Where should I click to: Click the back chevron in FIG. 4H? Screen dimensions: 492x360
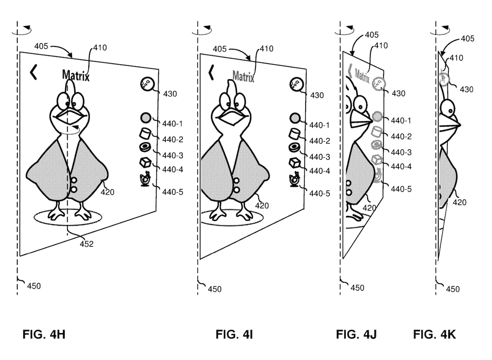click(33, 72)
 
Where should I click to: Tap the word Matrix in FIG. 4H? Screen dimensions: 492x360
click(76, 75)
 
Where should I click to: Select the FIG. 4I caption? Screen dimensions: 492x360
click(234, 334)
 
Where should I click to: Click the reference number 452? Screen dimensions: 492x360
click(87, 244)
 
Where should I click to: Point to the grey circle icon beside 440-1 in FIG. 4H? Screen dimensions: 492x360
click(145, 118)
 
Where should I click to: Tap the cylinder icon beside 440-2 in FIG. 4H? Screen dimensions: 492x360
click(145, 134)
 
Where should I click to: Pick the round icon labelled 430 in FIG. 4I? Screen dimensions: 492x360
click(296, 84)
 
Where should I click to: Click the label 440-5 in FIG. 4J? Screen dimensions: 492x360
click(401, 189)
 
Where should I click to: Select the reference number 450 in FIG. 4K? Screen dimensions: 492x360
click(453, 289)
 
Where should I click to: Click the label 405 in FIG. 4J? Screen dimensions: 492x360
click(372, 35)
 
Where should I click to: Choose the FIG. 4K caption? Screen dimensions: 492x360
click(434, 334)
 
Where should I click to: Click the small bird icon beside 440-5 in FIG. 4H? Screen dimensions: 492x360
click(145, 180)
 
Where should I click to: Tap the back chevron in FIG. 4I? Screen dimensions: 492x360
click(211, 72)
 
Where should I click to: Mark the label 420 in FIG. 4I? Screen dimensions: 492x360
click(261, 206)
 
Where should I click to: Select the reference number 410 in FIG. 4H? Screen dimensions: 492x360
click(100, 48)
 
